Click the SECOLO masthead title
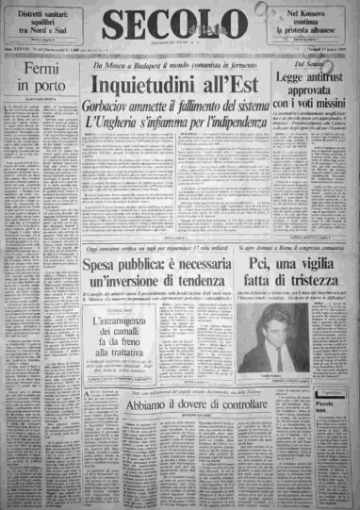click(x=179, y=28)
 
